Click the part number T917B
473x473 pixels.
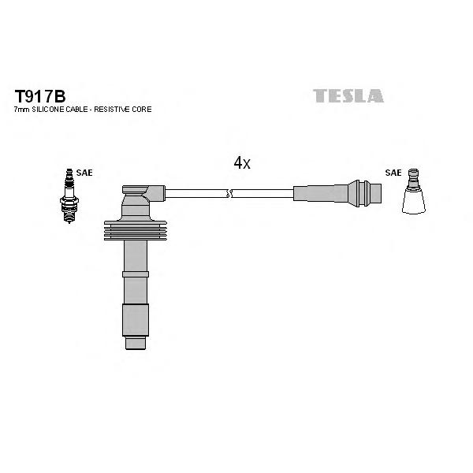[40, 96]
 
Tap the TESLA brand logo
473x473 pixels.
[348, 96]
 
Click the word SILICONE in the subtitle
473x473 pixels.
[48, 110]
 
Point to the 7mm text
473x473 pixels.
[22, 110]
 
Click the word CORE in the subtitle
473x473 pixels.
[141, 110]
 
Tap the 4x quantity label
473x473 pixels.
[242, 163]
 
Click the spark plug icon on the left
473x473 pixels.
[69, 196]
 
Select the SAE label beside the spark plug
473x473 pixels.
[84, 173]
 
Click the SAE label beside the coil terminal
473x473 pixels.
[393, 173]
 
